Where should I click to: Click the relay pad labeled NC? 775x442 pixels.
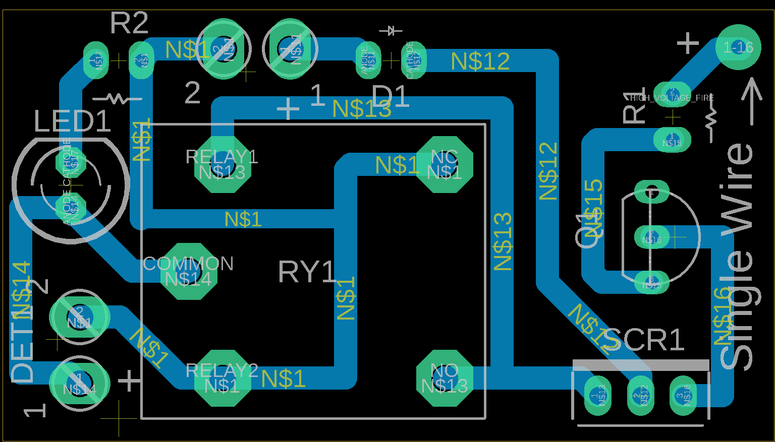click(x=445, y=164)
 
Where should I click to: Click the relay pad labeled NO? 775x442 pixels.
click(x=445, y=378)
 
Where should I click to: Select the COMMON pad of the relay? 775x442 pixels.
click(x=189, y=271)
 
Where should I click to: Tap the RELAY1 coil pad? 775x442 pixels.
click(x=223, y=164)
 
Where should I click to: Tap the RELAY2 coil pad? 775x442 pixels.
click(x=223, y=378)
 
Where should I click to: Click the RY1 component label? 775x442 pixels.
click(x=307, y=272)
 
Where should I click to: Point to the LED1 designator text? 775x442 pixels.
click(x=72, y=121)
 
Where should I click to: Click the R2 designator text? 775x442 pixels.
click(x=129, y=23)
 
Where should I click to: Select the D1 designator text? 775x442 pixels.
click(x=390, y=96)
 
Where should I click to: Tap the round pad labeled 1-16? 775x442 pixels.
click(x=738, y=47)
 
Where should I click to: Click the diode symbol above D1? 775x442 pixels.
click(x=391, y=31)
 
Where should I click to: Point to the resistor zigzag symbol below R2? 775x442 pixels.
click(x=118, y=98)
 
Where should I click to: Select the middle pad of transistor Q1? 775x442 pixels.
click(x=651, y=237)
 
